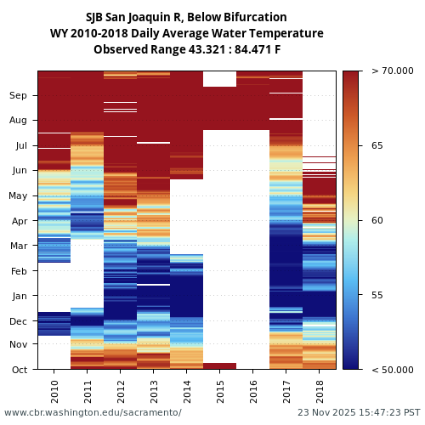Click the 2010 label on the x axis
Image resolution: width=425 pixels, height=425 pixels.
(x=54, y=391)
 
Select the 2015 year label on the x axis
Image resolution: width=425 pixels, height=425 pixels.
(x=220, y=391)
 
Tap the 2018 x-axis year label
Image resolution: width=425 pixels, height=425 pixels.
(x=320, y=391)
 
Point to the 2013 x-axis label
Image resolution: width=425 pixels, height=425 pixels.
(x=154, y=391)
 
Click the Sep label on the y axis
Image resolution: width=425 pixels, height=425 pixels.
(x=19, y=96)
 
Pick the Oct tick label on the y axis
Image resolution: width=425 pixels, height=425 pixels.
(x=19, y=370)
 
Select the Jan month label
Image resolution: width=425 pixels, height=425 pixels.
(x=19, y=296)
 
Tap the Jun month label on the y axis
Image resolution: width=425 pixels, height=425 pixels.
(x=19, y=171)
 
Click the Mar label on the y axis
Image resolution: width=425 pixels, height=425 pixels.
(x=19, y=246)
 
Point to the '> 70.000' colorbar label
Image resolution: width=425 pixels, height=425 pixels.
(x=393, y=71)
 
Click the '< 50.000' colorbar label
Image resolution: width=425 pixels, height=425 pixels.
(x=393, y=370)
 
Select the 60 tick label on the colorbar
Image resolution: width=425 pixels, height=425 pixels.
(x=377, y=221)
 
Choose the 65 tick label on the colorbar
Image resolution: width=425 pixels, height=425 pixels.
(x=377, y=146)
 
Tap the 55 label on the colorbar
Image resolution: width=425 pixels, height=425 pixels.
(x=377, y=295)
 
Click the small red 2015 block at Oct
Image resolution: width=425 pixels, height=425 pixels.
(x=220, y=365)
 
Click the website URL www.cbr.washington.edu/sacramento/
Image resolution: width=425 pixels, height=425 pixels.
(x=93, y=412)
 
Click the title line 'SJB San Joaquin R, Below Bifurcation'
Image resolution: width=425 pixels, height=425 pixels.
(x=186, y=17)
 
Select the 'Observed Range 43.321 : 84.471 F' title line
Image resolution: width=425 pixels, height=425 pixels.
(x=186, y=49)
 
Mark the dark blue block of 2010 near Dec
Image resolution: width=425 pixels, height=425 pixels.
(x=54, y=324)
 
